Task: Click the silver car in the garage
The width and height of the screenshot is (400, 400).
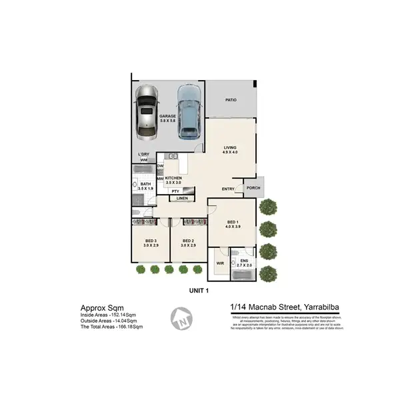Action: (x=146, y=113)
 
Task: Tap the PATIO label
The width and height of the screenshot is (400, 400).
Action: (x=231, y=100)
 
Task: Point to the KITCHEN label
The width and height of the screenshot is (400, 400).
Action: (x=173, y=178)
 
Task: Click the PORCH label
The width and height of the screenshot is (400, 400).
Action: (x=253, y=187)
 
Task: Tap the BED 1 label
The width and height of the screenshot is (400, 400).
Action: (x=232, y=222)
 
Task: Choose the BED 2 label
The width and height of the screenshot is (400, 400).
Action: (x=187, y=240)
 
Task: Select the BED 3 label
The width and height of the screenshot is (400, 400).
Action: (x=150, y=240)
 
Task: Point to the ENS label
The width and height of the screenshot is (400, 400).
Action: (x=244, y=261)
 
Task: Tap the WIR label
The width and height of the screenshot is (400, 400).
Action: (x=219, y=263)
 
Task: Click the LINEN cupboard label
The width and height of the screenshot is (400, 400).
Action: (x=182, y=199)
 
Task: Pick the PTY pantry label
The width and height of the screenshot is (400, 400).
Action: (x=175, y=191)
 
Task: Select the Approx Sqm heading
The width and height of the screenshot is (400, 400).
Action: (x=101, y=307)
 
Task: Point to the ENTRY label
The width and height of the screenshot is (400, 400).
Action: (x=228, y=189)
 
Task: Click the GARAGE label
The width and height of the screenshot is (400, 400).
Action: (x=167, y=116)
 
